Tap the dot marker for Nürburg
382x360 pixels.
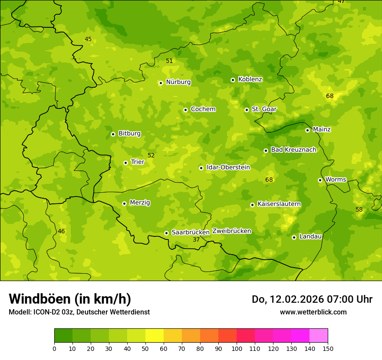[x=161, y=83]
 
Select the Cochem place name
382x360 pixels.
[x=203, y=109]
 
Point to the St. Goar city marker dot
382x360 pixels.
[x=247, y=110]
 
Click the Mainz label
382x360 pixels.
[x=322, y=130]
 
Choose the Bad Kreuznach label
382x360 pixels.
[x=293, y=150]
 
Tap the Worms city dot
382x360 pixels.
[x=320, y=180]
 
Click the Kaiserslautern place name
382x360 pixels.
[x=279, y=204]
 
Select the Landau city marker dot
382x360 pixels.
[x=294, y=237]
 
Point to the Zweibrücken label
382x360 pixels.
[x=231, y=231]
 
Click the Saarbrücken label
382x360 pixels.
[x=191, y=232]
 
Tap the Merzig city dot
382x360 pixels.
[x=124, y=203]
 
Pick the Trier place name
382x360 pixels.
[x=137, y=162]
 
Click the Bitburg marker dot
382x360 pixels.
[x=113, y=134]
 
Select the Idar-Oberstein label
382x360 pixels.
[x=228, y=167]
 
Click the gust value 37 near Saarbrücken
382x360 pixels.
[x=196, y=239]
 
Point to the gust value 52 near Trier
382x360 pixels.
[x=151, y=155]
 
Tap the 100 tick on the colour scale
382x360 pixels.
[x=237, y=348]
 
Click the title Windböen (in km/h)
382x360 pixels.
[x=70, y=299]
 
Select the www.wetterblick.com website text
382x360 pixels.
[x=313, y=312]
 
